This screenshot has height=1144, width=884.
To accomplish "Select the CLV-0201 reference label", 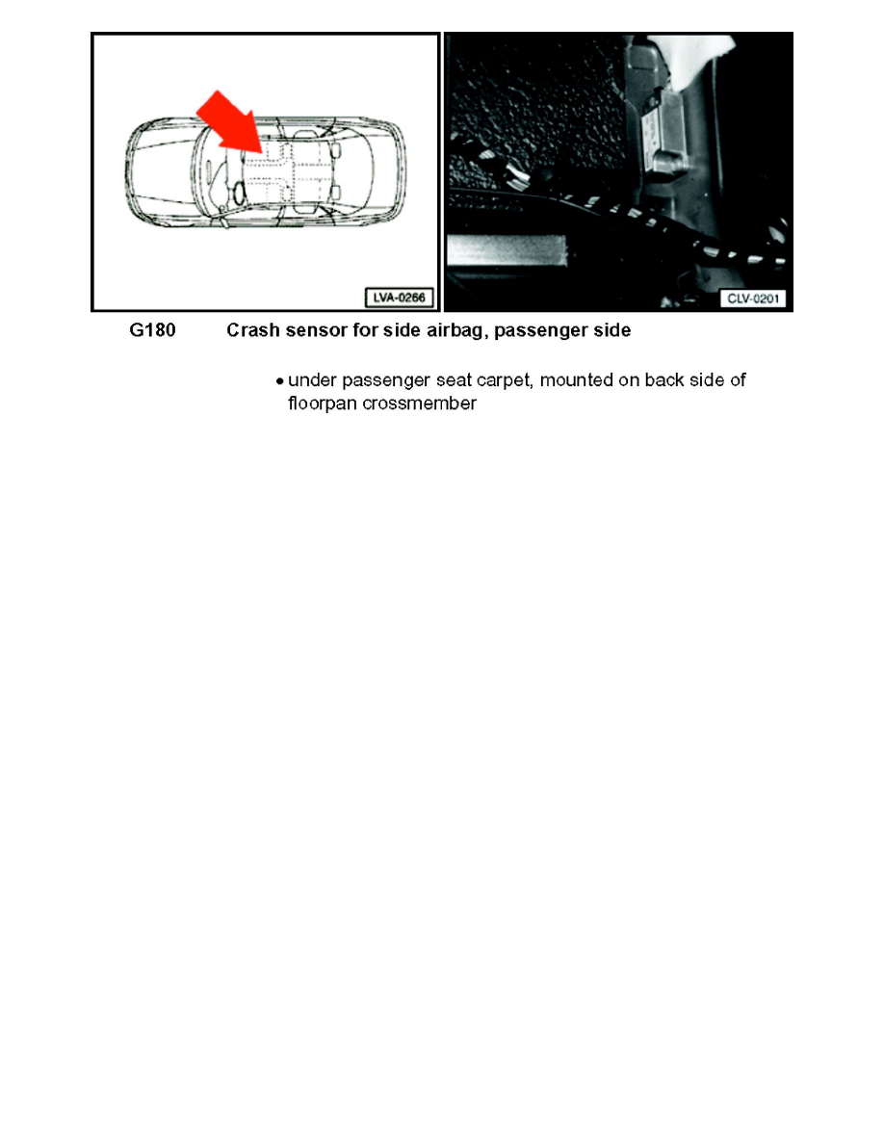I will [x=752, y=299].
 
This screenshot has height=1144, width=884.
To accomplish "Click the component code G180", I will [x=153, y=331].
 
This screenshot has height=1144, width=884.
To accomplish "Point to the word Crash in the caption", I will [x=251, y=331].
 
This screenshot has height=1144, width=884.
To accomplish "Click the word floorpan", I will [x=321, y=404].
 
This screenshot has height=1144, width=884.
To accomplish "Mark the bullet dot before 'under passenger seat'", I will [x=279, y=381].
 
